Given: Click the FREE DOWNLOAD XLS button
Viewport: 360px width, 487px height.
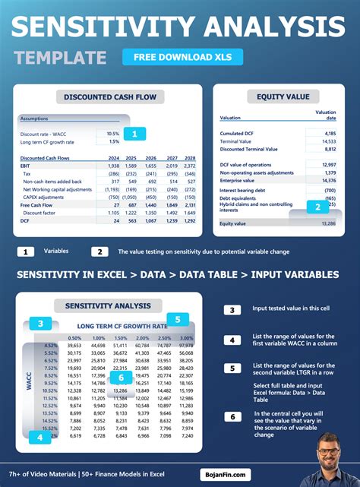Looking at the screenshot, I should [182, 57].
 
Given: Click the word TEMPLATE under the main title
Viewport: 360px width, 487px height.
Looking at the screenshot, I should [60, 58].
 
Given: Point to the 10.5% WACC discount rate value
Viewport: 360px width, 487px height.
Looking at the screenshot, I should [112, 134].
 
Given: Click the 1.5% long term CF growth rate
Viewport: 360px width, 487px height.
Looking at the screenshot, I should [113, 141].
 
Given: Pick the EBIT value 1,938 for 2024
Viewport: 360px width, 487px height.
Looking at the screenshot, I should [113, 166].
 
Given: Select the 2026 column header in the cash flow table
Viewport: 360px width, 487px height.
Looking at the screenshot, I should [150, 158].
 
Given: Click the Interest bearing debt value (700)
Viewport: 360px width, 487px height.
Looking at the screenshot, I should [329, 190].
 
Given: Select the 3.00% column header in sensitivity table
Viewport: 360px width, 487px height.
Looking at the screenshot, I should [186, 337].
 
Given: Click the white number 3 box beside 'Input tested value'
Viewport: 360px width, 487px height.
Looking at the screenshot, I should [233, 309].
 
